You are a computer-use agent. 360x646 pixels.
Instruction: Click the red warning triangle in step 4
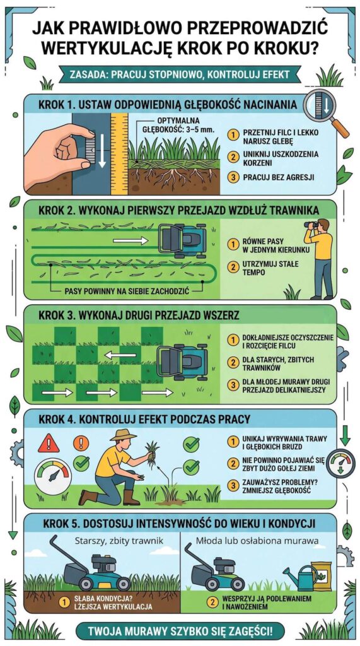point(48,443)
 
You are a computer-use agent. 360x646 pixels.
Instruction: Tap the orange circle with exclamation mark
point(81,443)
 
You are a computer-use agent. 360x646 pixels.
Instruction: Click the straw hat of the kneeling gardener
point(123,435)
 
